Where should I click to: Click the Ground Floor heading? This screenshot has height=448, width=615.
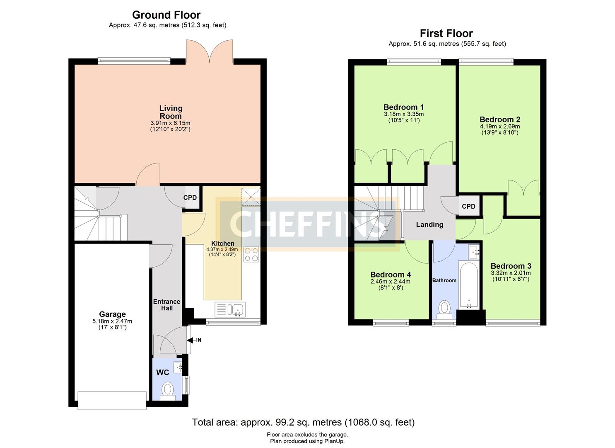166,15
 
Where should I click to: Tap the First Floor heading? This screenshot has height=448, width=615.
446,34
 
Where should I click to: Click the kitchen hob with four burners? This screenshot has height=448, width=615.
251,254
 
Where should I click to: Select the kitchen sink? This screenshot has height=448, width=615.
230,309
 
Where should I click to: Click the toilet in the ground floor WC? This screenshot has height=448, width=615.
167,392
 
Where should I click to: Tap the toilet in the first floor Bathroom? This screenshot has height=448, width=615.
444,309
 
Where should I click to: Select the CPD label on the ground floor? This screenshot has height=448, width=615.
190,198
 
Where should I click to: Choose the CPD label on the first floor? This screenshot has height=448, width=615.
468,206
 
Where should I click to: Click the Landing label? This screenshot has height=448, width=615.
429,225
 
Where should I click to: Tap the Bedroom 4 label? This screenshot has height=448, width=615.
391,275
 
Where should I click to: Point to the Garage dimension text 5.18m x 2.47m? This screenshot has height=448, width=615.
112,321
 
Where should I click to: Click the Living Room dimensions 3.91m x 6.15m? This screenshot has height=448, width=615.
170,123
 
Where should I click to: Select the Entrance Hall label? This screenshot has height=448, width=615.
166,305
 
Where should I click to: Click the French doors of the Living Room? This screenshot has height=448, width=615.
210,52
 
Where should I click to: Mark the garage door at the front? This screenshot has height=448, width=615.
112,401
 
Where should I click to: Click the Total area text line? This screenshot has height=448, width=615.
303,422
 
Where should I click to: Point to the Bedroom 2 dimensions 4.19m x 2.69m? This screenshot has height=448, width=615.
500,127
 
